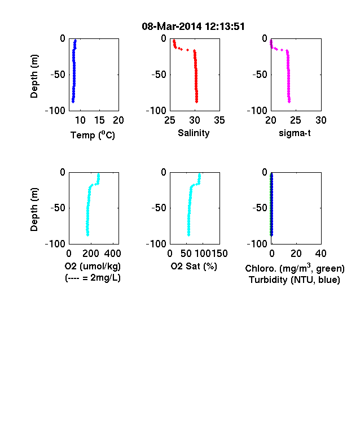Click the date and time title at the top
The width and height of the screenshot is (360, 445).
pos(193,27)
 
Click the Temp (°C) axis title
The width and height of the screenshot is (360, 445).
pos(93,135)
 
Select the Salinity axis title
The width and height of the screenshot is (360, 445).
pos(194,133)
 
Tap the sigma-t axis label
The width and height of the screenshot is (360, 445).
pos(295,133)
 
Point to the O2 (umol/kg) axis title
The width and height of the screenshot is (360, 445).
pos(93,266)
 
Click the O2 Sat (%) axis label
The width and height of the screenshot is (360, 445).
pos(194,266)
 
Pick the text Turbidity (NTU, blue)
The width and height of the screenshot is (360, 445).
pos(295,280)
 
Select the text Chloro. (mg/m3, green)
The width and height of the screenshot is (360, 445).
pos(295,268)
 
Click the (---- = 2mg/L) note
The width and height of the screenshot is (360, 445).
pos(93,277)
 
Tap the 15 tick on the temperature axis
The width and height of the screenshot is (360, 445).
pos(99,120)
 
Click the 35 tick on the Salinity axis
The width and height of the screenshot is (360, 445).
pos(219,120)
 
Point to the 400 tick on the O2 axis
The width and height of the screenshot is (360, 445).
pos(113,254)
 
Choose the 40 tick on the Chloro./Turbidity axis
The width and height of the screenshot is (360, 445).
pos(321,254)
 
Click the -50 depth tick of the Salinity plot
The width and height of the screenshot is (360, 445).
pos(159,75)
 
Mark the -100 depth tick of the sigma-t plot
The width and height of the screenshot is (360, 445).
pos(257,110)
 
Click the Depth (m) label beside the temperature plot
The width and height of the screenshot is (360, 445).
pos(34,76)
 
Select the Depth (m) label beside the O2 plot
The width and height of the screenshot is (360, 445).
pos(34,210)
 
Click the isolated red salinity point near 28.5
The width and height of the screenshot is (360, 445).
pos(188,50)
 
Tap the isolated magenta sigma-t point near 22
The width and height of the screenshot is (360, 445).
pos(282,50)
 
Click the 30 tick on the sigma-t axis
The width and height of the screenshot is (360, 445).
pos(321,120)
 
